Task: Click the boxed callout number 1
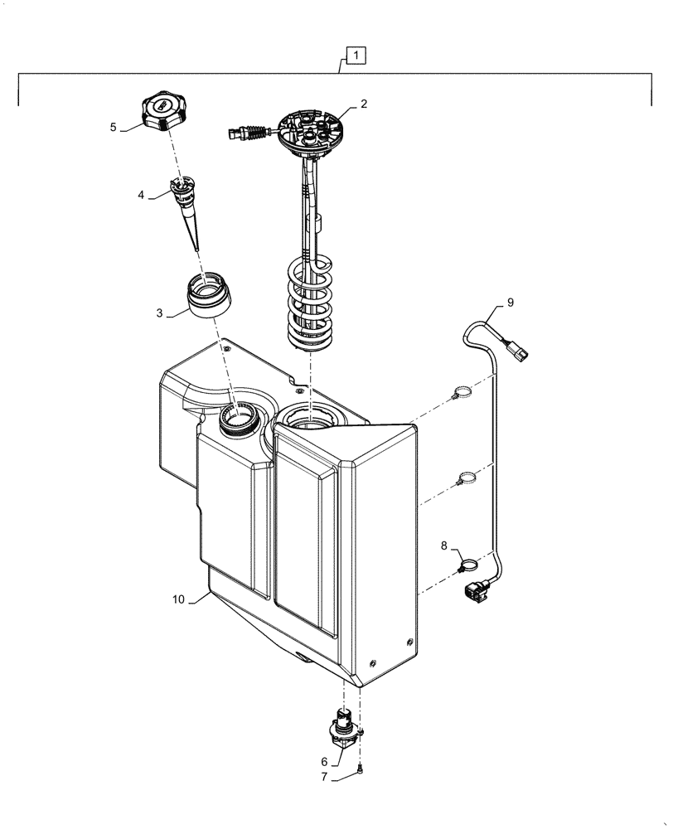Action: tap(355, 56)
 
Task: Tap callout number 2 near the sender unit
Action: tap(363, 104)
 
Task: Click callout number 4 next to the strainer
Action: tap(141, 195)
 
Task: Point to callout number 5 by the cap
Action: tap(114, 128)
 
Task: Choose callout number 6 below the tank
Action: tap(325, 760)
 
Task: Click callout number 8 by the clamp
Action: tap(443, 546)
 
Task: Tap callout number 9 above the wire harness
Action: tap(511, 303)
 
